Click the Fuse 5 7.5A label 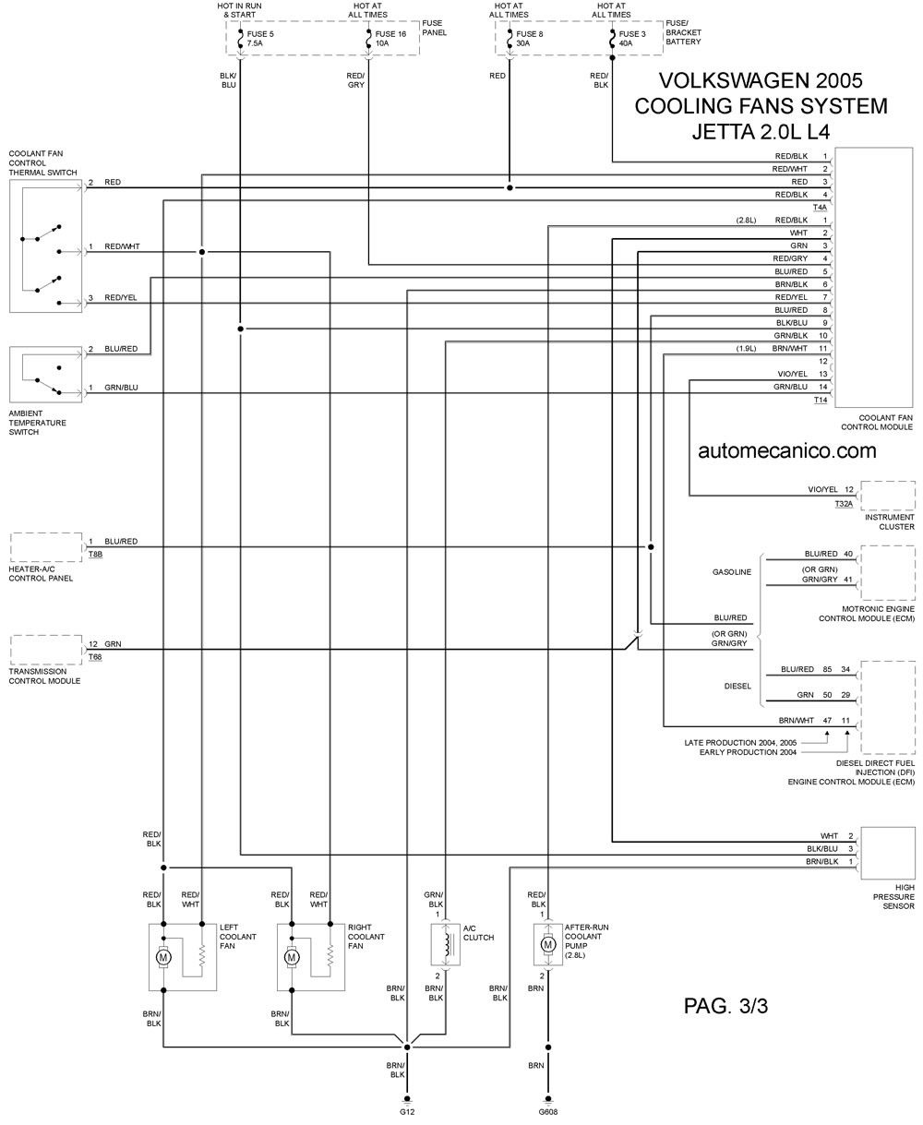coord(260,39)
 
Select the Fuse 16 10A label coord(390,39)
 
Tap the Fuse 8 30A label coord(529,39)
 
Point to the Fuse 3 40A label coord(631,39)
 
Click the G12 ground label coord(406,1112)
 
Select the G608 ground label coord(548,1112)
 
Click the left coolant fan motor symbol coord(163,957)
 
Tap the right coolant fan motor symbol coord(292,957)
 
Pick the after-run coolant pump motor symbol coord(548,945)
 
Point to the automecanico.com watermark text coord(787,451)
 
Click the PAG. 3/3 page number coord(725,1006)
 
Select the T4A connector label coord(820,207)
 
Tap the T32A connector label coord(844,504)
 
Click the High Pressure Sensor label coord(893,897)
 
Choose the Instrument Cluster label coord(890,521)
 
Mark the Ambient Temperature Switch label coord(37,423)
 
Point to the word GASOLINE coord(731,572)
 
